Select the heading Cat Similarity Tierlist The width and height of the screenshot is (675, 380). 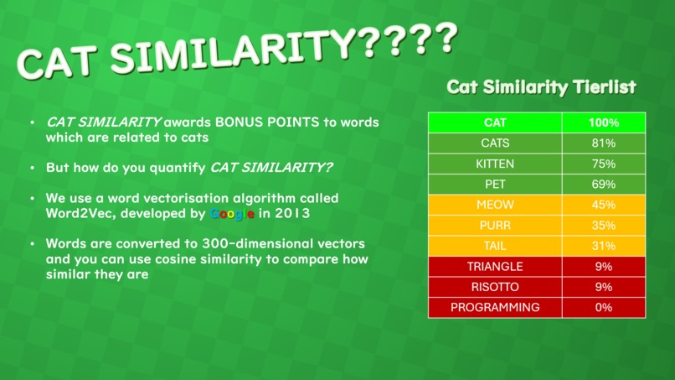pos(541,87)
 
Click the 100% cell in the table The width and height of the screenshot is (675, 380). pos(603,122)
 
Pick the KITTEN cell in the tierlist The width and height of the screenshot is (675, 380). pos(495,164)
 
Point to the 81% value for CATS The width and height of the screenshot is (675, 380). pos(603,143)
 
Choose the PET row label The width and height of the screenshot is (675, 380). pos(495,184)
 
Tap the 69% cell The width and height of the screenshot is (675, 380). pos(603,184)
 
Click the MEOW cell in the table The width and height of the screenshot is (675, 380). pos(495,205)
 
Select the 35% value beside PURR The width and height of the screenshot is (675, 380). pos(603,225)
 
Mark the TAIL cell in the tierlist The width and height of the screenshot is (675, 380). pos(495,246)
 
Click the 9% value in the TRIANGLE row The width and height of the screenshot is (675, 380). pos(603,266)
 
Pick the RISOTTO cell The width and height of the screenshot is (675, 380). pos(495,287)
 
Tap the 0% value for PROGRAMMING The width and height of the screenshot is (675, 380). pos(603,307)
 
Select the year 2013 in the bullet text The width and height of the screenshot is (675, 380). pos(292,213)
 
